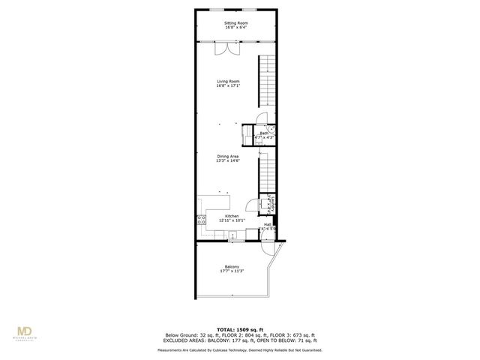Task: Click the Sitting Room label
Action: (x=235, y=23)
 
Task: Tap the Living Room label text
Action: (x=228, y=81)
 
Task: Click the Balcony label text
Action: (x=232, y=267)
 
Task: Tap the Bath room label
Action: (x=264, y=133)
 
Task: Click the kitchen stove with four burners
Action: (x=201, y=220)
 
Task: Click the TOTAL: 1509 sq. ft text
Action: (x=239, y=329)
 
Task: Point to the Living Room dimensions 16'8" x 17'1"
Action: (x=228, y=85)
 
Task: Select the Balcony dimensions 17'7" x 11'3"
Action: (x=232, y=271)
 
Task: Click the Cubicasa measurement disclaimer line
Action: (x=239, y=349)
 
